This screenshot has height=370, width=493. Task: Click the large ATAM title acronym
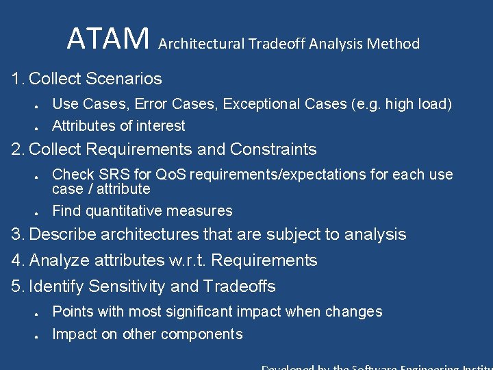[x=108, y=40]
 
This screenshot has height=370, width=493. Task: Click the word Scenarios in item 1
[x=124, y=79]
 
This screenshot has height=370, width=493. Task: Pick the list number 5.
[x=17, y=286]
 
